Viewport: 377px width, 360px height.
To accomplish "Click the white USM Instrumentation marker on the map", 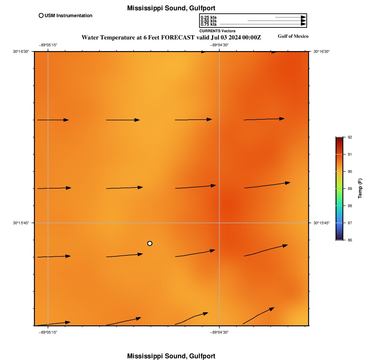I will click(x=150, y=243).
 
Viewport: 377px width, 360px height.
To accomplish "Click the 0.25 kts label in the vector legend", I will click(x=208, y=17).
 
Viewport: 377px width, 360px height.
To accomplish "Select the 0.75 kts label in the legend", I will click(x=208, y=24).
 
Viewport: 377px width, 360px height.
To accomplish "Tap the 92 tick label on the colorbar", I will click(x=350, y=137).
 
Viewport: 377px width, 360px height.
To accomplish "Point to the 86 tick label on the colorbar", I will click(x=350, y=240).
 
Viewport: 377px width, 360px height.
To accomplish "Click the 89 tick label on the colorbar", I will click(x=350, y=189).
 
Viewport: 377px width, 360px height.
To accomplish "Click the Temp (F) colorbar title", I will click(x=360, y=189).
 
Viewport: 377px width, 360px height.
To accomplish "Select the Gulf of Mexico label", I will click(x=293, y=36).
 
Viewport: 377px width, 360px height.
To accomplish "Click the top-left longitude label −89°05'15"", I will click(x=48, y=45).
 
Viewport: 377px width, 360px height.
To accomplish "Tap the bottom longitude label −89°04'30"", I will click(x=219, y=332).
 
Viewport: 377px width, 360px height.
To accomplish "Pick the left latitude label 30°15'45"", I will click(x=21, y=223).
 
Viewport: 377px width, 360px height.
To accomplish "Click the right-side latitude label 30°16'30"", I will click(x=321, y=51).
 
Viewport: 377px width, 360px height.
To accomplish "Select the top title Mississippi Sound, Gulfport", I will click(x=171, y=8).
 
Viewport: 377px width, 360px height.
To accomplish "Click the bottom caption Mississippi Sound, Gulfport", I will click(x=171, y=356).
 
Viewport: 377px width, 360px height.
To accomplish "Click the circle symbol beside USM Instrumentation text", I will click(x=41, y=15).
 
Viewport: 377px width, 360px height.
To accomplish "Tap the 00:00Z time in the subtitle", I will click(x=252, y=37).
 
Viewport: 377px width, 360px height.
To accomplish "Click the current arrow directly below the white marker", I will click(x=124, y=255).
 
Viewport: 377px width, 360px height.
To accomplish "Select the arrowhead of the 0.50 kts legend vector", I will click(x=303, y=21).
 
